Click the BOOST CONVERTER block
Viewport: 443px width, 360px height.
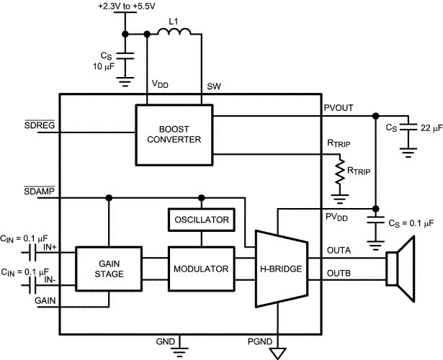(174, 134)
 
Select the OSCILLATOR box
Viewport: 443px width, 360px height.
(201, 218)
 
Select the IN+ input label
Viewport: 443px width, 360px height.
(51, 247)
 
